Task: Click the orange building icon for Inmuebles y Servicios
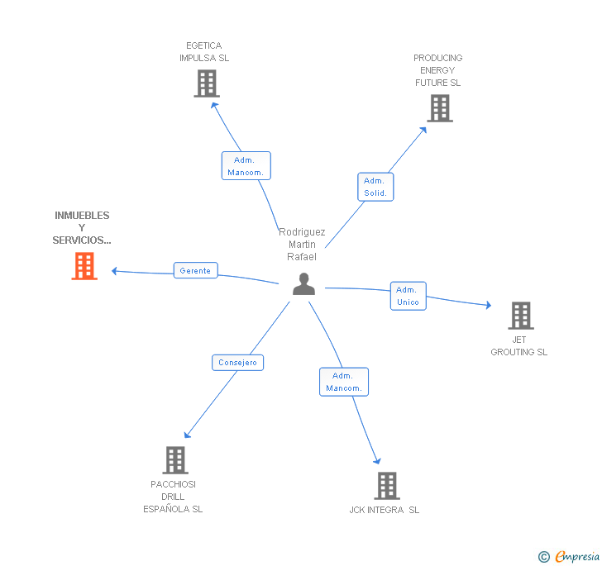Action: pyautogui.click(x=84, y=266)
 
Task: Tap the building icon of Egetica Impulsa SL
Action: pyautogui.click(x=207, y=83)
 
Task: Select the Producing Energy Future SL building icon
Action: pyautogui.click(x=440, y=108)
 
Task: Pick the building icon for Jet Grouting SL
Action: pyautogui.click(x=520, y=316)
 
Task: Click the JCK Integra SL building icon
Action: pyautogui.click(x=386, y=486)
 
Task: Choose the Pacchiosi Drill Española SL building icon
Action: pyautogui.click(x=175, y=460)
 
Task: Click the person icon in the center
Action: pyautogui.click(x=304, y=284)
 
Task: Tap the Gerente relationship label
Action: pyautogui.click(x=195, y=270)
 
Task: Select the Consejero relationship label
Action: pyautogui.click(x=238, y=362)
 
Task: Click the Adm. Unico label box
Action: pyautogui.click(x=408, y=296)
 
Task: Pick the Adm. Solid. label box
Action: pyautogui.click(x=375, y=188)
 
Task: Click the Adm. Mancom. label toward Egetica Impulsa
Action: pyautogui.click(x=246, y=166)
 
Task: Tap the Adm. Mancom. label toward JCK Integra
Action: pyautogui.click(x=343, y=382)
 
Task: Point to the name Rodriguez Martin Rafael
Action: pyautogui.click(x=302, y=245)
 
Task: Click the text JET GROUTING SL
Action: pyautogui.click(x=518, y=345)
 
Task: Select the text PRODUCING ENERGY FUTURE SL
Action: pyautogui.click(x=437, y=70)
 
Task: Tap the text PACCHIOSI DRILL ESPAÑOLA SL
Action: pyautogui.click(x=173, y=497)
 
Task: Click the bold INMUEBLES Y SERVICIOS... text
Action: pyautogui.click(x=82, y=227)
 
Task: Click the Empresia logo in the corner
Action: pyautogui.click(x=570, y=557)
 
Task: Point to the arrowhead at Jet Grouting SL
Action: pyautogui.click(x=489, y=306)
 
